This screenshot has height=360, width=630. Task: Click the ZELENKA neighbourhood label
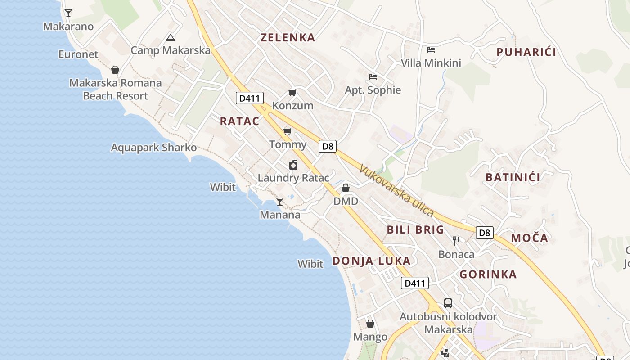click(x=288, y=37)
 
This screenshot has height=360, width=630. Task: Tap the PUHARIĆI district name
click(x=526, y=52)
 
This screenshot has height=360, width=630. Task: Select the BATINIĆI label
click(x=513, y=177)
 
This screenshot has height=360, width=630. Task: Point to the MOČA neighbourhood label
click(x=529, y=238)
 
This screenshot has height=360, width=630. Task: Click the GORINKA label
click(x=488, y=274)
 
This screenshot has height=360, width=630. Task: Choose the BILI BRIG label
click(x=415, y=230)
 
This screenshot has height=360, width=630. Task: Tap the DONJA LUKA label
click(x=371, y=261)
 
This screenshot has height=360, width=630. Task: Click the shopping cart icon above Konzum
click(x=292, y=93)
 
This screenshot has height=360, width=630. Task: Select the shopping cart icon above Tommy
click(x=287, y=131)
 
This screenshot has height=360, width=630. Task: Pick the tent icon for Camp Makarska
click(x=170, y=37)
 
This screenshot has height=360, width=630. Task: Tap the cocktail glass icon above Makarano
click(x=68, y=13)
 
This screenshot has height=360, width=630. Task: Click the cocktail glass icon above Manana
click(x=280, y=201)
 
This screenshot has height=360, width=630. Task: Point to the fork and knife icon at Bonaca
click(x=456, y=241)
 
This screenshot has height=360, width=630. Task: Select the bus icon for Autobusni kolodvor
click(x=448, y=303)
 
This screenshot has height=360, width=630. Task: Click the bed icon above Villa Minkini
click(x=431, y=50)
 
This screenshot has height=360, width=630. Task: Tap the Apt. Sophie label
click(x=373, y=90)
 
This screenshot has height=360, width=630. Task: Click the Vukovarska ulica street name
click(x=396, y=190)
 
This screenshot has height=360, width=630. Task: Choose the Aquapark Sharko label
click(x=154, y=148)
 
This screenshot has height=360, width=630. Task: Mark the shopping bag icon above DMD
click(x=346, y=188)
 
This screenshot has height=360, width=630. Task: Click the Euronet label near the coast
click(x=78, y=54)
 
